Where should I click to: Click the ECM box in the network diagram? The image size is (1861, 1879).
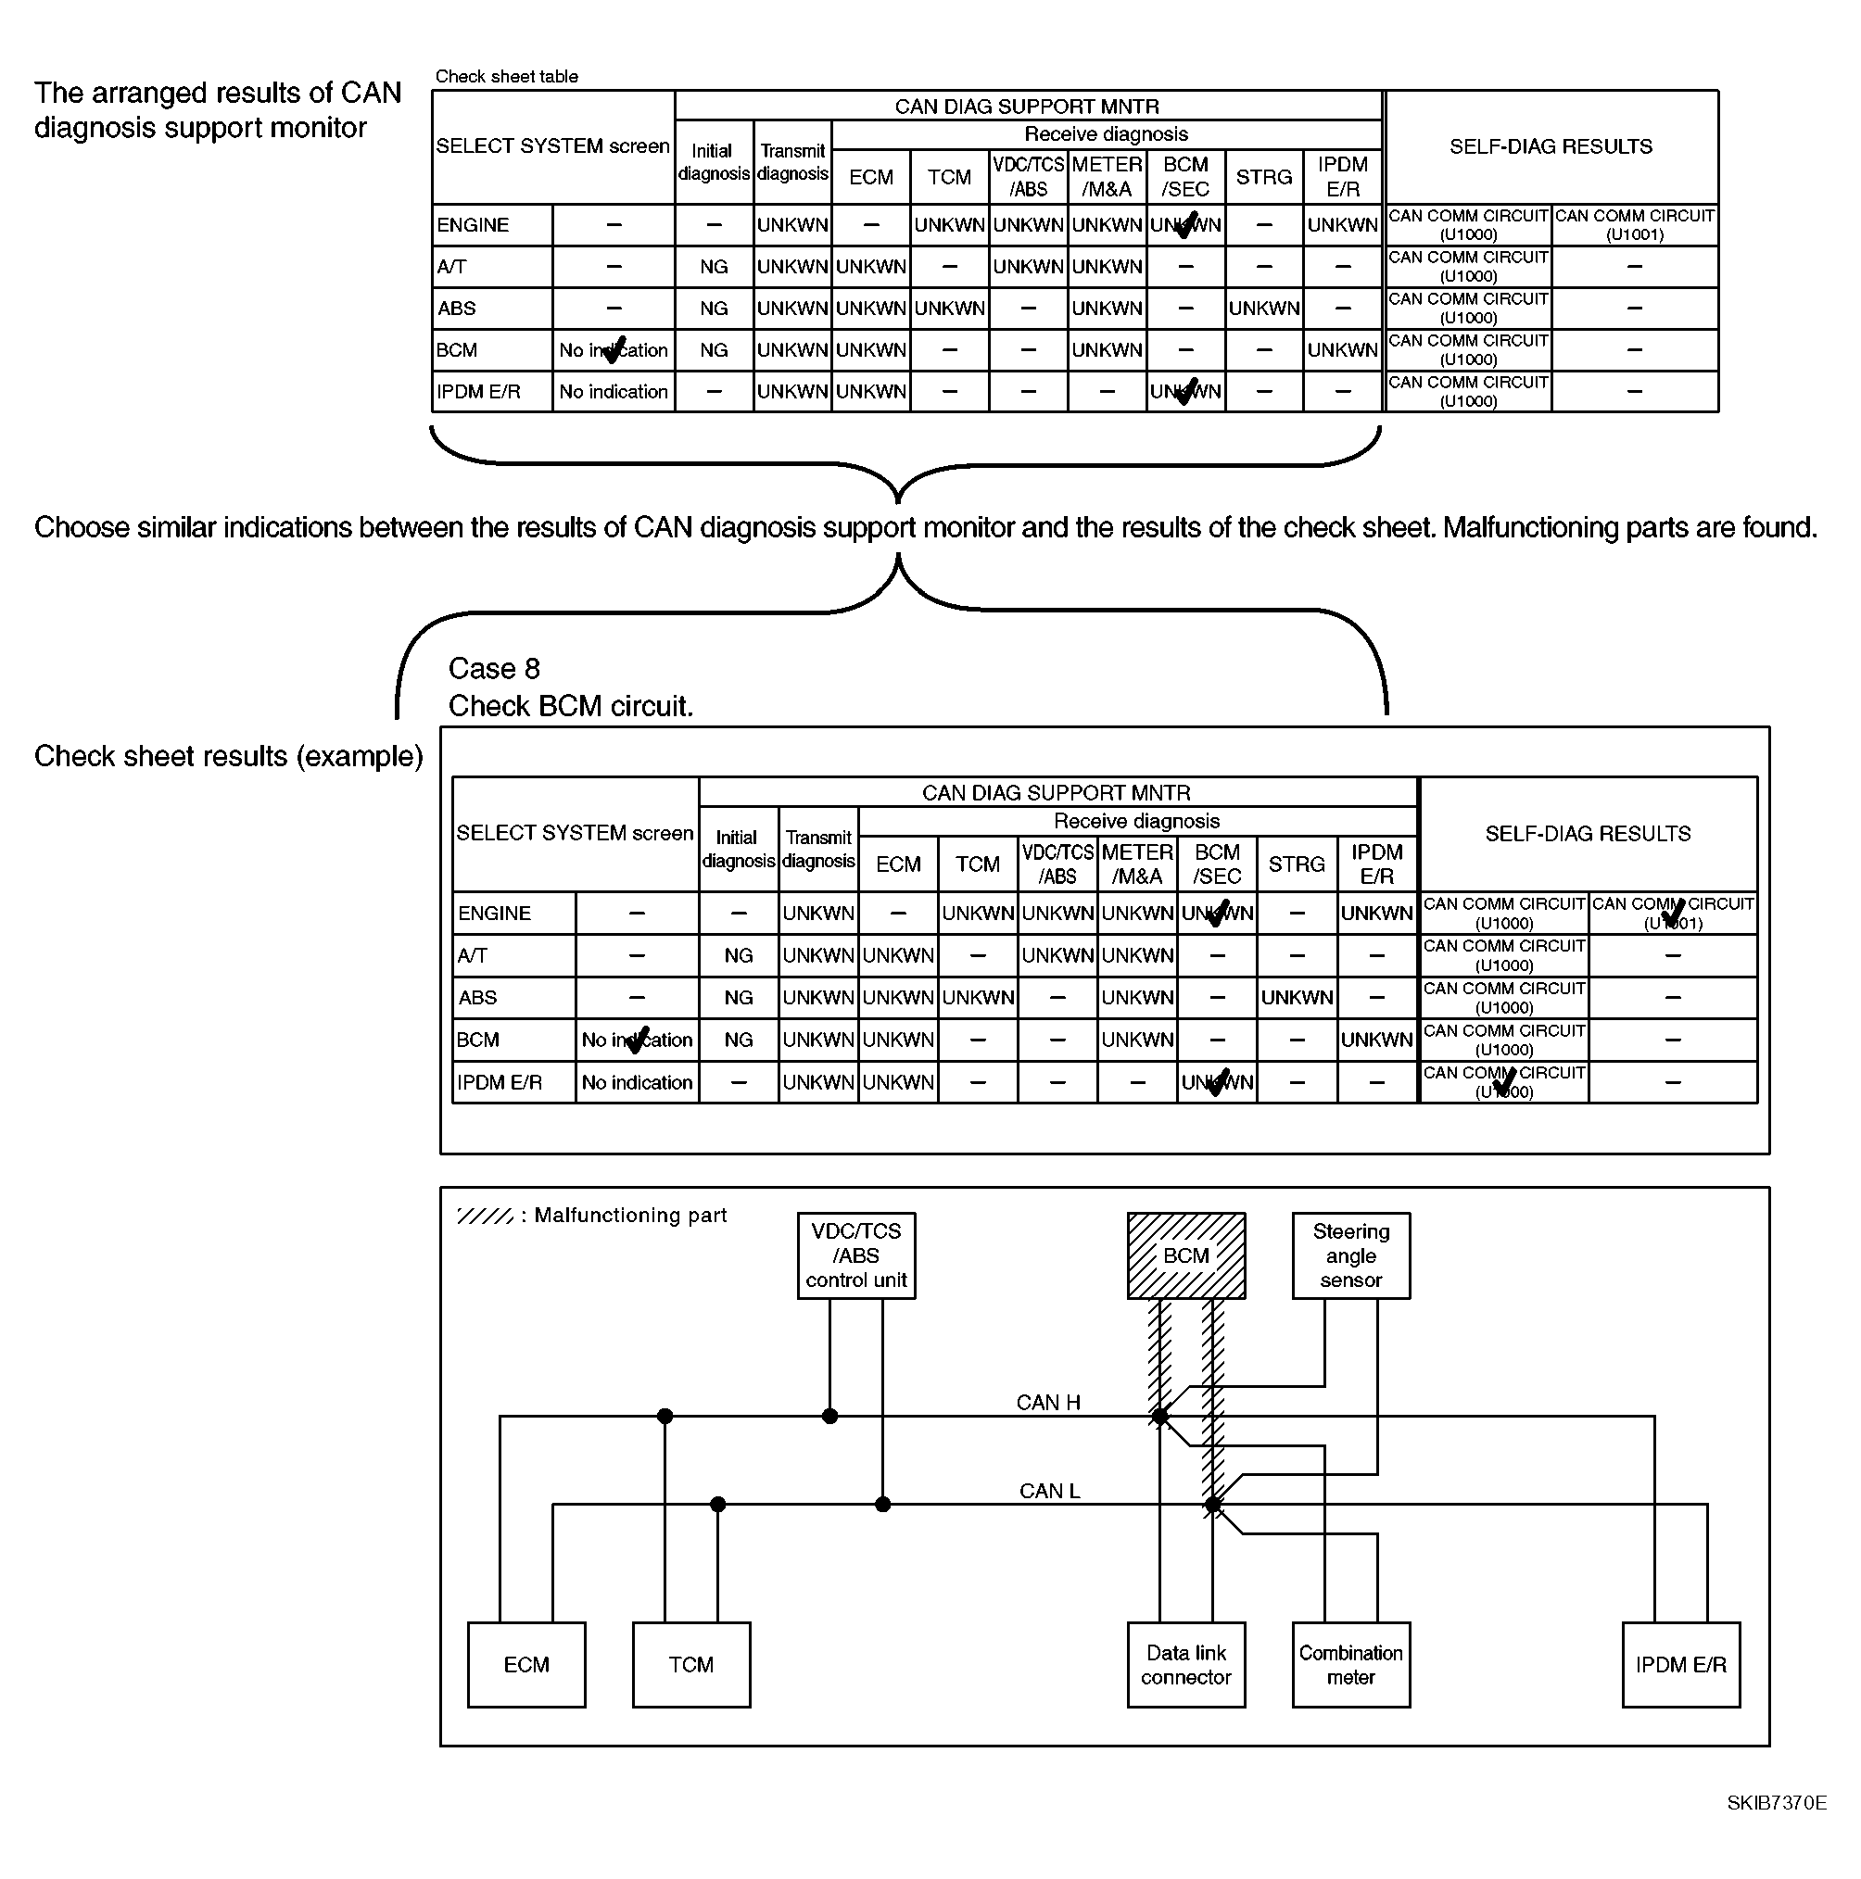[526, 1664]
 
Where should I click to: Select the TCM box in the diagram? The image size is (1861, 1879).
[690, 1664]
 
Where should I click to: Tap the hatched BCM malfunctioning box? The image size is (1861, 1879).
[1186, 1255]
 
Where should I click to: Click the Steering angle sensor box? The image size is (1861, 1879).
[1350, 1255]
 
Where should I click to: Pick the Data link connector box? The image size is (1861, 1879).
[1186, 1664]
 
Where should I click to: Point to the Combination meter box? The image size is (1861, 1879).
[1350, 1664]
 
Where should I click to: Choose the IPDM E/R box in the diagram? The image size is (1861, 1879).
[1680, 1664]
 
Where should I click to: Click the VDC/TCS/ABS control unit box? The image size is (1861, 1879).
[856, 1255]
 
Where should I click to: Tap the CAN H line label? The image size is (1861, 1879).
[1047, 1402]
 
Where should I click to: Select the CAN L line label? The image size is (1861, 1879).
[1049, 1490]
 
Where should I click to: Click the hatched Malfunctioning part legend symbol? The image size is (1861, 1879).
[485, 1216]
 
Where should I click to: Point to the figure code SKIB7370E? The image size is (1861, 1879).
[1777, 1802]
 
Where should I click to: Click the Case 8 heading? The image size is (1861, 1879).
[494, 668]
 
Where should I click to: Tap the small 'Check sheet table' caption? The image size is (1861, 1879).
[506, 76]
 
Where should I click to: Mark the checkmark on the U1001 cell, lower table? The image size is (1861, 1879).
[1673, 914]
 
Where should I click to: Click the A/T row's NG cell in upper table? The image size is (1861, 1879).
[713, 267]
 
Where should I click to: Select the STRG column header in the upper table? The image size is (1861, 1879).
[1264, 177]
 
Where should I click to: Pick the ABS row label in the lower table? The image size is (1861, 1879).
[477, 997]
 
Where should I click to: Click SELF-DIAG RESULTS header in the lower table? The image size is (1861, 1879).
[1588, 833]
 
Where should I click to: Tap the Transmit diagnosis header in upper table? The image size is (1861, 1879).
[791, 162]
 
